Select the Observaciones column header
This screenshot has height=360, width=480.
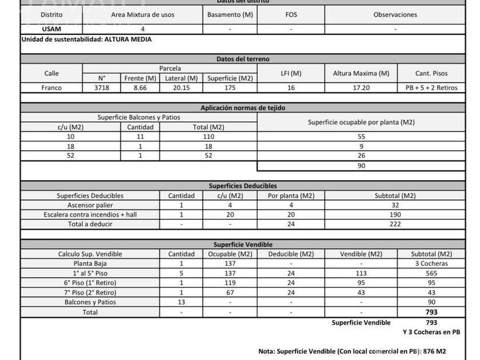(395, 15)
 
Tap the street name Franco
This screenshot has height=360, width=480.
(51, 88)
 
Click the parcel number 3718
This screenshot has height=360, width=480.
(102, 88)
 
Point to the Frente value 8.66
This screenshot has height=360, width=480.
(140, 88)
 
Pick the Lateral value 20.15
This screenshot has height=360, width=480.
(181, 88)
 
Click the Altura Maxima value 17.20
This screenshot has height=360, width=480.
(361, 88)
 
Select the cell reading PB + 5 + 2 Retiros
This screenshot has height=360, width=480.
(431, 88)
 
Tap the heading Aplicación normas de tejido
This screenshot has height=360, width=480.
(243, 107)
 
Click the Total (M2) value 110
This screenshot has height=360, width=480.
(208, 137)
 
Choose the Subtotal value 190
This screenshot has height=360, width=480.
(395, 215)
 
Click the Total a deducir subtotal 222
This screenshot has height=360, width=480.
(395, 225)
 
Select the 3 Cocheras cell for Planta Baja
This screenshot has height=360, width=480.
(431, 263)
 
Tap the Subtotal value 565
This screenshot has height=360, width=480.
(431, 273)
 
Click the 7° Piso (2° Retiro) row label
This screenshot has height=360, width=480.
(90, 293)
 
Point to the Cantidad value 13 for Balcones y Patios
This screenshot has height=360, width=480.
(181, 302)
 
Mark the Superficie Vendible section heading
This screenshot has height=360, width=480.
(243, 244)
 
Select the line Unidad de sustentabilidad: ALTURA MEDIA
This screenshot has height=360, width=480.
(86, 39)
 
